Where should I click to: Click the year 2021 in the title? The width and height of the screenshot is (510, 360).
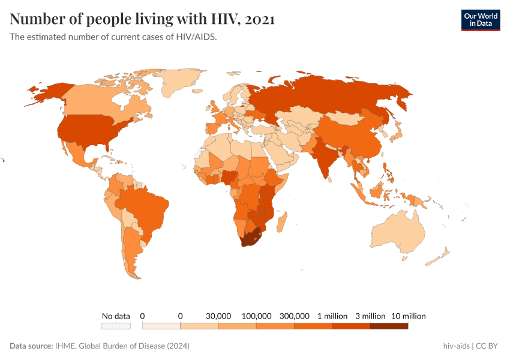(259, 19)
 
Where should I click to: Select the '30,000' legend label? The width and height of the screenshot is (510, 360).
(218, 316)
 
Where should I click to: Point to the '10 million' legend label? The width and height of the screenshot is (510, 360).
(408, 316)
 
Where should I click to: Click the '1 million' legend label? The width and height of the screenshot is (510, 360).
(332, 316)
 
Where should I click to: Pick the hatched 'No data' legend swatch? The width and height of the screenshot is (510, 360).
(116, 326)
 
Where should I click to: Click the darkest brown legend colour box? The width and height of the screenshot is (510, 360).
(389, 326)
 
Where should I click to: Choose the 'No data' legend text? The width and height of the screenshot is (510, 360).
(116, 316)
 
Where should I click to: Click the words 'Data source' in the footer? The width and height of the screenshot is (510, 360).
(31, 346)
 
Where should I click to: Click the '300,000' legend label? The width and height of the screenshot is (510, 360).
(294, 316)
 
